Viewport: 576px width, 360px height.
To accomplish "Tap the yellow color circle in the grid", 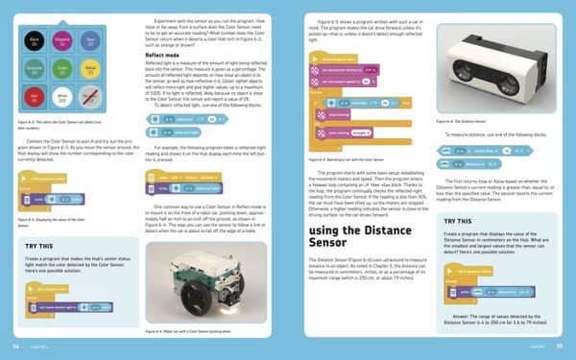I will (89, 68).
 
